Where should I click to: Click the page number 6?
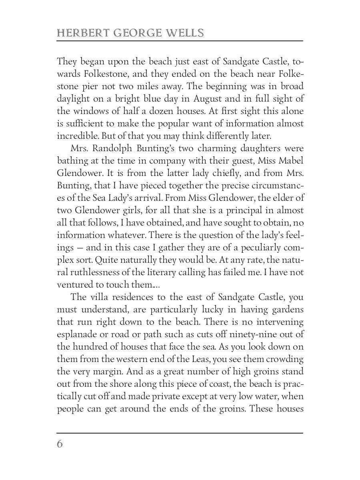[60, 444]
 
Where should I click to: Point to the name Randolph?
[112, 148]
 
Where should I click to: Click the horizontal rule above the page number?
[180, 432]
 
